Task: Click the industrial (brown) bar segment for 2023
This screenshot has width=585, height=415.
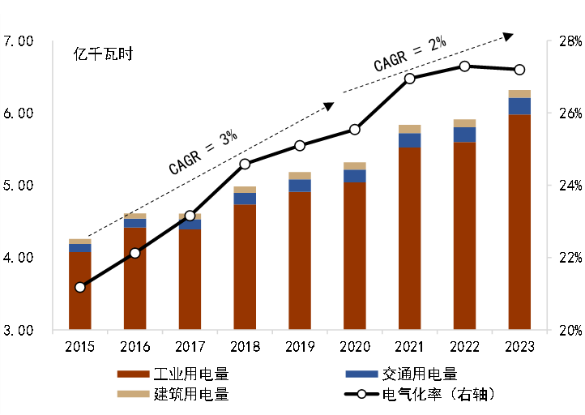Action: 519,222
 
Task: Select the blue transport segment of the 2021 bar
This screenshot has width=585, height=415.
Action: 409,140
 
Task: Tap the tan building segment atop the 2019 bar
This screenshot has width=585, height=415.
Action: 300,175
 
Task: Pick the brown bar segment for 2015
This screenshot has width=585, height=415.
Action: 79,291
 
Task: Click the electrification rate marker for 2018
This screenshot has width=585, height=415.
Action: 246,164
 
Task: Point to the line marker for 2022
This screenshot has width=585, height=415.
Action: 464,66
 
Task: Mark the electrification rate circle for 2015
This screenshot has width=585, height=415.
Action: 79,287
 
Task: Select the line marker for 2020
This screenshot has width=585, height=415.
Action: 355,130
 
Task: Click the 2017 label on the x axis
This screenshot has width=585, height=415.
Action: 190,348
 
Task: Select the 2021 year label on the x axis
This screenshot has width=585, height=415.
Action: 409,348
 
